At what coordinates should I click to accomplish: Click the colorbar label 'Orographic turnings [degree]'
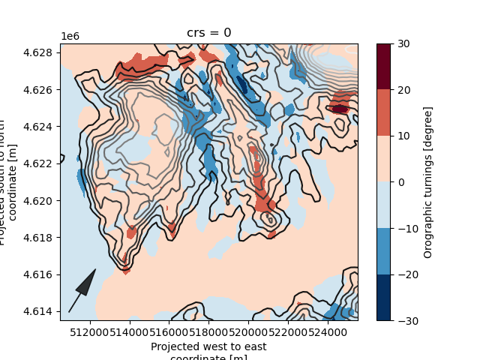[x=428, y=182]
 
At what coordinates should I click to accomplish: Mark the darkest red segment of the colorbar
[x=382, y=66]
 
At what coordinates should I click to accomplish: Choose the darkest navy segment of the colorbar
[x=382, y=297]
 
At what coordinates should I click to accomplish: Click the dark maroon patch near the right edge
[x=340, y=109]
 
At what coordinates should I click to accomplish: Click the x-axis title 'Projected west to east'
[x=208, y=346]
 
